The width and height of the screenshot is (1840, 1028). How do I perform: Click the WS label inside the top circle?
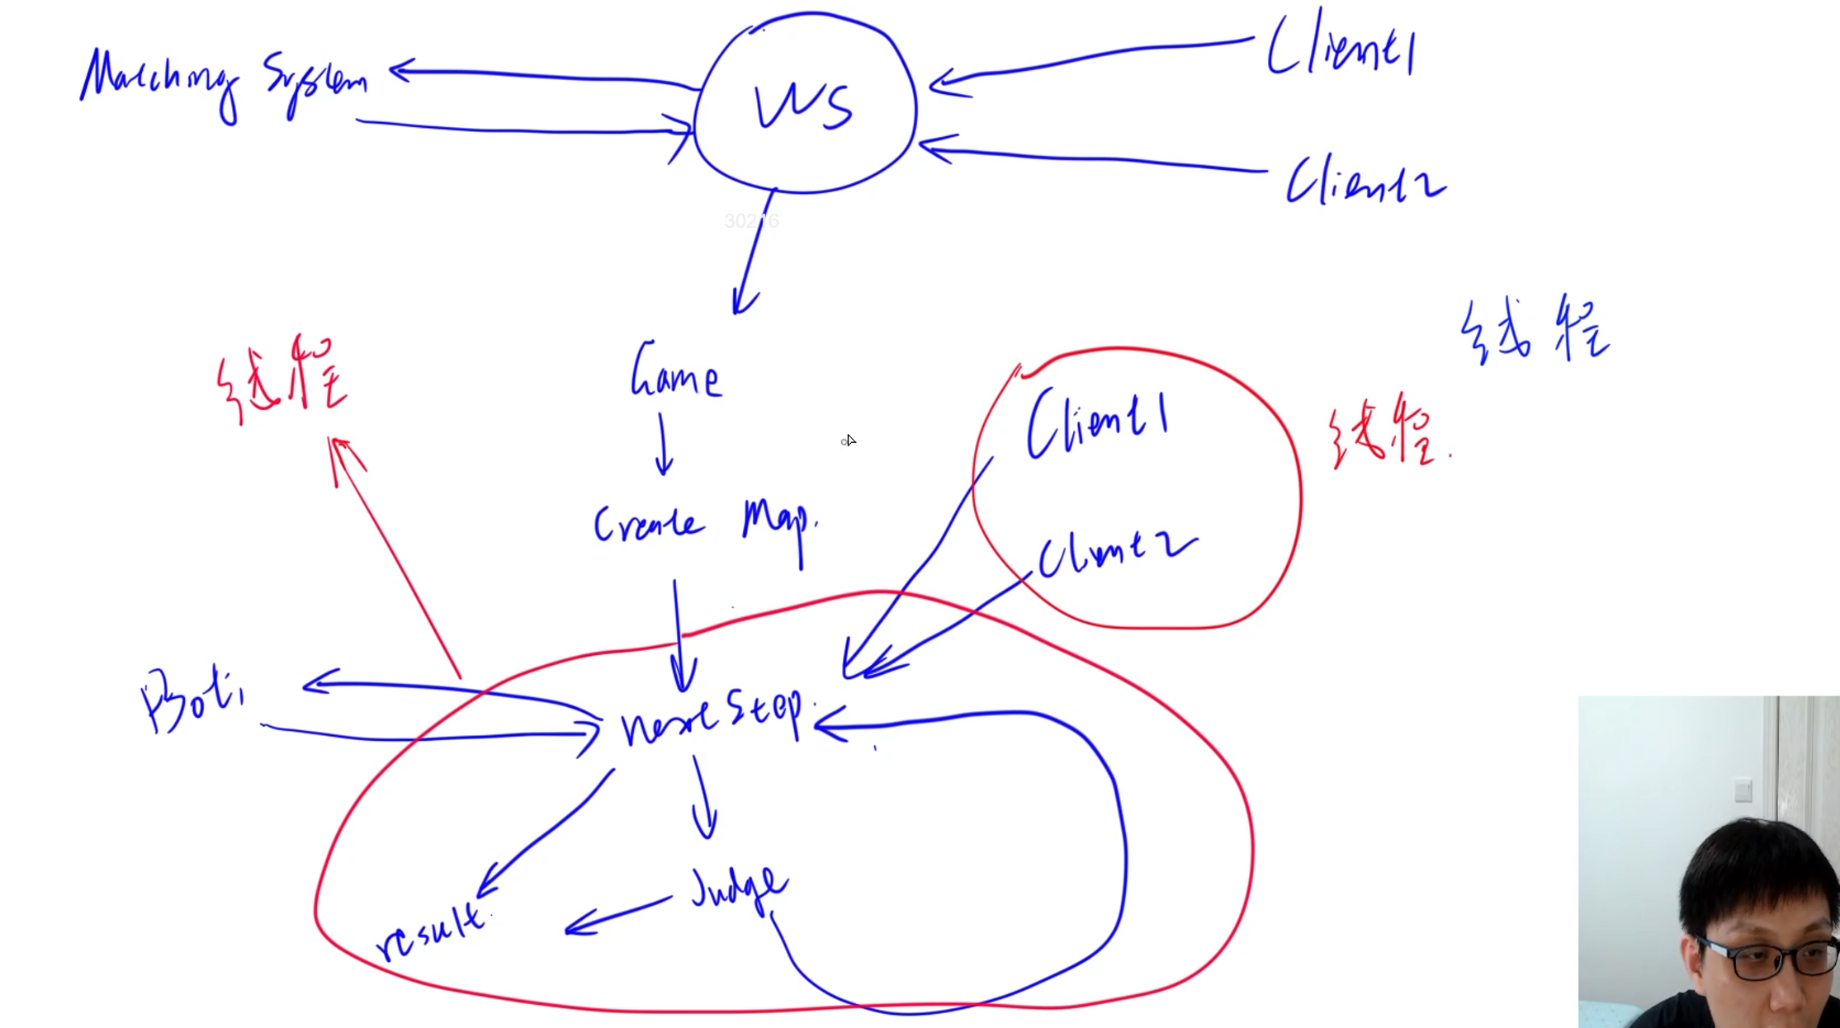click(x=803, y=107)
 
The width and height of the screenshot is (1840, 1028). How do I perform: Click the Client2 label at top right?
click(x=1365, y=181)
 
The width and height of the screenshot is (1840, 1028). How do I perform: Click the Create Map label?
click(x=706, y=525)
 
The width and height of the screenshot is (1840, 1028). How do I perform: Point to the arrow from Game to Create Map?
click(x=663, y=446)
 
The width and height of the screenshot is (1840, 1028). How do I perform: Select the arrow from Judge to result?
click(x=617, y=916)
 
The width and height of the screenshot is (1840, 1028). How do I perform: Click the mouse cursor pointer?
click(x=850, y=440)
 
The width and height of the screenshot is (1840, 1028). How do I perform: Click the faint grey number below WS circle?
click(x=751, y=221)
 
